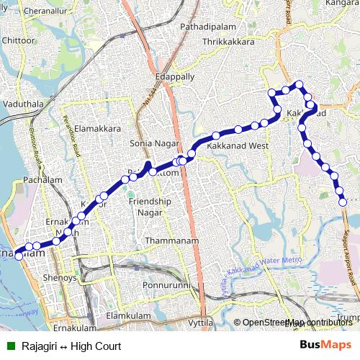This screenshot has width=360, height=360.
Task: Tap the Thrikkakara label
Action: (x=229, y=42)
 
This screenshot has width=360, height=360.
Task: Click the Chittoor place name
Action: (x=18, y=40)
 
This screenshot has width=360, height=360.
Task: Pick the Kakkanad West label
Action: (x=238, y=146)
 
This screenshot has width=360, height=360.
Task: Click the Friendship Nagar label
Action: (x=150, y=207)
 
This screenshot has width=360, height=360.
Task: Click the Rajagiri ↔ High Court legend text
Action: (x=71, y=346)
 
